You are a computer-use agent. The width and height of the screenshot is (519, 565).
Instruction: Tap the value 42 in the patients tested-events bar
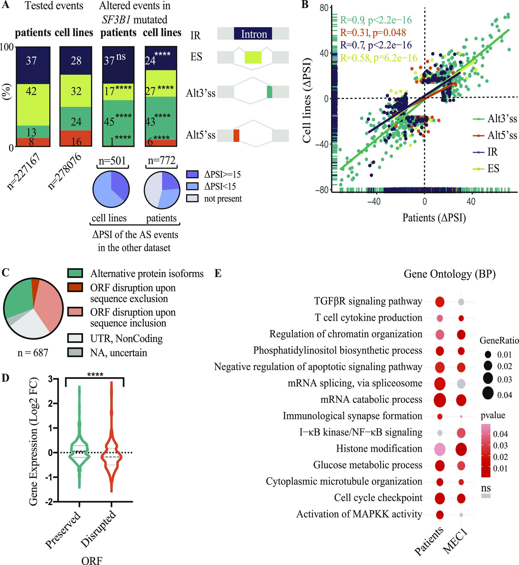(x=31, y=91)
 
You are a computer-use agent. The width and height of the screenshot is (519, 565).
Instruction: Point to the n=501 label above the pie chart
(x=112, y=161)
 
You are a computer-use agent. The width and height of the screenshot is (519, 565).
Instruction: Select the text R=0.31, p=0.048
(x=373, y=33)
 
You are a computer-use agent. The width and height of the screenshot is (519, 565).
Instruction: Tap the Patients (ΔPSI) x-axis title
(x=434, y=218)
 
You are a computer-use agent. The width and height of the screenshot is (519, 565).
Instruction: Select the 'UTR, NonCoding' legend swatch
(x=75, y=338)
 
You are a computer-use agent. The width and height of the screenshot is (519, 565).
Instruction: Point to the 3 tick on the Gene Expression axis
(x=50, y=379)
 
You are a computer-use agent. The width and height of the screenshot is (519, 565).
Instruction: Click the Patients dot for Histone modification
(x=440, y=449)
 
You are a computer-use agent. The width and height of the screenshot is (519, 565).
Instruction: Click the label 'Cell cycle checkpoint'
(x=378, y=498)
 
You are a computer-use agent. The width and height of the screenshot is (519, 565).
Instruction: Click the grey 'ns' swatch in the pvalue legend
(x=486, y=496)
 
